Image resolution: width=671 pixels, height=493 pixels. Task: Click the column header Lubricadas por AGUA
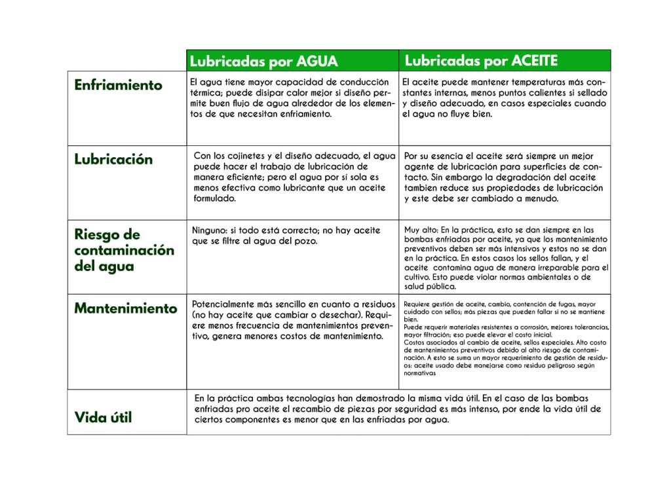(x=263, y=62)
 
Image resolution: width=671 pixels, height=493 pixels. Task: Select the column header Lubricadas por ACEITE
(x=481, y=61)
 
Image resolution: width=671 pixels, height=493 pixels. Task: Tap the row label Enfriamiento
(x=118, y=85)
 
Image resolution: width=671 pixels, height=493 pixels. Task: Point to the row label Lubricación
(x=113, y=160)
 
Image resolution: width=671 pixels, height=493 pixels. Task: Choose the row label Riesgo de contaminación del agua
(x=124, y=250)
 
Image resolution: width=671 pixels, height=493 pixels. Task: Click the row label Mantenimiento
(x=125, y=308)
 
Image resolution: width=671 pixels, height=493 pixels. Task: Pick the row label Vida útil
(x=103, y=417)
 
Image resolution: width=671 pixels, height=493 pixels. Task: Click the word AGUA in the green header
(x=317, y=62)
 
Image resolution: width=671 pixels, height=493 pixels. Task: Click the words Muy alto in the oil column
(x=420, y=230)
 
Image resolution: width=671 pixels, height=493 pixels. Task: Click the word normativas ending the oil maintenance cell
(x=419, y=373)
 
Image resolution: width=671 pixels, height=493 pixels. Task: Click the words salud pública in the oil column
(x=430, y=286)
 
